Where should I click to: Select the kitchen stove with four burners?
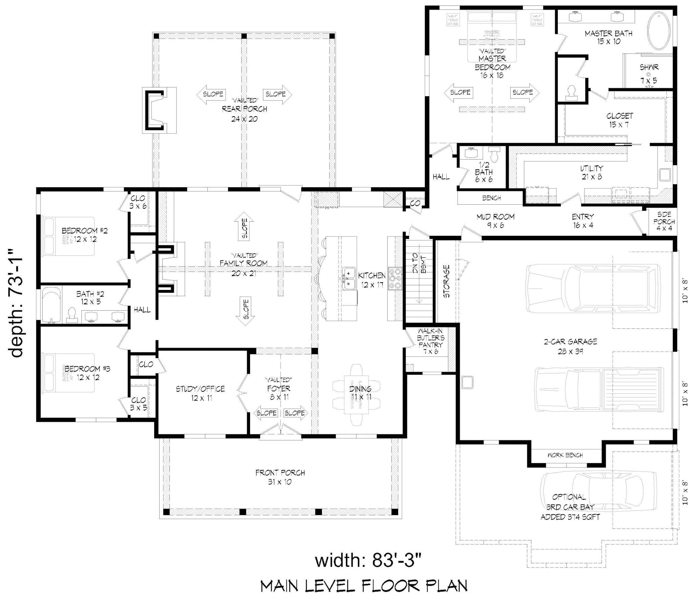coord(395,278)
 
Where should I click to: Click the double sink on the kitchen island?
coord(348,279)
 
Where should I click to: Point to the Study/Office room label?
coord(200,393)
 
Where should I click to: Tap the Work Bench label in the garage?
coord(565,455)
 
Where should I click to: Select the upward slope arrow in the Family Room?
coord(244,226)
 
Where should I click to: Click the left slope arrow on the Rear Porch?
coord(210,94)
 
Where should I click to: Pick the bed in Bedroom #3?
coord(68,373)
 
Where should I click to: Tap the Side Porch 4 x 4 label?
coord(664,222)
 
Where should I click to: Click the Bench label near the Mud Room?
coord(491,198)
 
